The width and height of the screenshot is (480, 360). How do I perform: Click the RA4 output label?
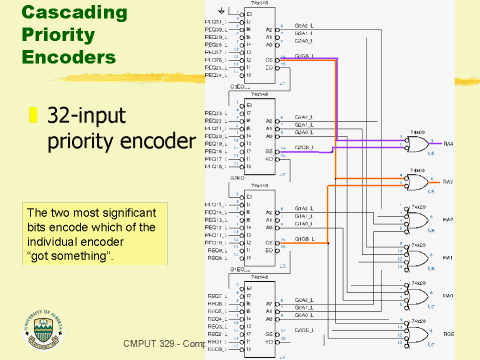[x=448, y=144]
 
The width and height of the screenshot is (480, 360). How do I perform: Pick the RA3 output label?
[x=448, y=182]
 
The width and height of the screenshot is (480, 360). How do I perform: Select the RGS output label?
[x=448, y=333]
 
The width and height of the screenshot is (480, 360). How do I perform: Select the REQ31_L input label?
[x=213, y=20]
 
